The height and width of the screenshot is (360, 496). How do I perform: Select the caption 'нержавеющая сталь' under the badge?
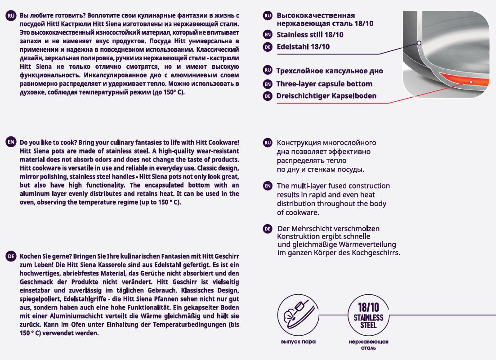(368, 344)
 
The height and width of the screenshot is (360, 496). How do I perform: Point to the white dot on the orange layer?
(471, 82)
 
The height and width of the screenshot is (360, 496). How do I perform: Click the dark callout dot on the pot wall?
(419, 43)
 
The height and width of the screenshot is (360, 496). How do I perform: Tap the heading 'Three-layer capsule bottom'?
(324, 84)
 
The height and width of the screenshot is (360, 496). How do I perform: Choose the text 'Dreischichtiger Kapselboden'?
(326, 96)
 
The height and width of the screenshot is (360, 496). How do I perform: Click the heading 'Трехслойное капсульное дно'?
(330, 71)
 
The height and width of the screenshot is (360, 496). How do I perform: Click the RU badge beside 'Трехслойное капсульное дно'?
(268, 71)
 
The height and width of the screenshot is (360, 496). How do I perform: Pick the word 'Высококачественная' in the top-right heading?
(316, 15)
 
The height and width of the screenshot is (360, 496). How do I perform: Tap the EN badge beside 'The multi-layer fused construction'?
(268, 186)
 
